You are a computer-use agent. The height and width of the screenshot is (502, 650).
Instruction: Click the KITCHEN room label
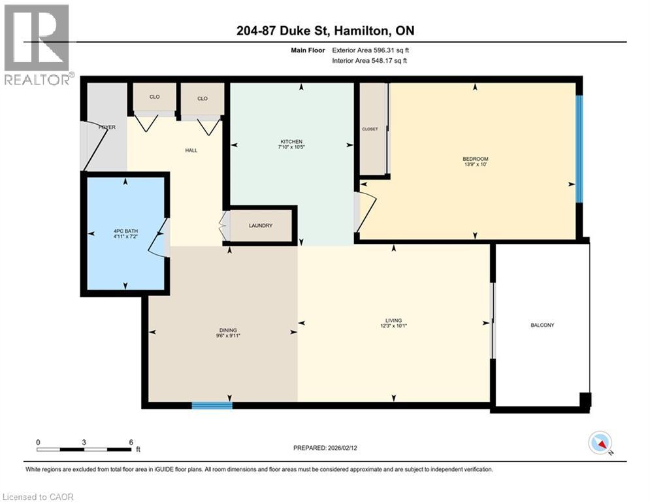pyautogui.click(x=292, y=142)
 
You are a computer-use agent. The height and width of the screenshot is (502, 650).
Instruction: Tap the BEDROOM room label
pyautogui.click(x=475, y=159)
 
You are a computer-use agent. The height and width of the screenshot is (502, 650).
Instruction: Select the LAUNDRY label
pyautogui.click(x=260, y=226)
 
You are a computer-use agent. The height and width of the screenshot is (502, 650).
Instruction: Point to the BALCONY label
pyautogui.click(x=542, y=325)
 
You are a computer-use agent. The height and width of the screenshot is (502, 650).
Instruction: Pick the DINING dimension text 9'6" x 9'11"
pyautogui.click(x=228, y=337)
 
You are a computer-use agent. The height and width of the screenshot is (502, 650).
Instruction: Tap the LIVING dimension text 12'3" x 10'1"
pyautogui.click(x=393, y=326)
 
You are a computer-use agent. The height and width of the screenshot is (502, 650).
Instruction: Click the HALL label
pyautogui.click(x=191, y=150)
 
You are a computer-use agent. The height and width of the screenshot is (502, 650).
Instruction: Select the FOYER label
pyautogui.click(x=107, y=127)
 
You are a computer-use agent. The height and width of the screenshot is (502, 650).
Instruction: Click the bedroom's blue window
pyautogui.click(x=578, y=148)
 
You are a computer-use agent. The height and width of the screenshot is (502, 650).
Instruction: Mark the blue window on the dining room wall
pyautogui.click(x=212, y=405)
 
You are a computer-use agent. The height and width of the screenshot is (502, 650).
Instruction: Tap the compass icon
pyautogui.click(x=599, y=443)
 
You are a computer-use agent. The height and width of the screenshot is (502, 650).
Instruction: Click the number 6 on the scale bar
pyautogui.click(x=131, y=442)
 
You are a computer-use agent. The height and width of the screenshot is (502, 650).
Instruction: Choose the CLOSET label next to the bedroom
pyautogui.click(x=370, y=129)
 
